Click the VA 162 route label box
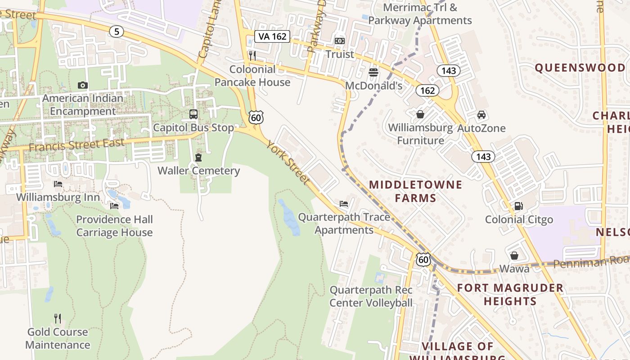[x=272, y=36]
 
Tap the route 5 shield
[x=116, y=31]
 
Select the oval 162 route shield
[x=427, y=90]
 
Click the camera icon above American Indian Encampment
[x=82, y=85]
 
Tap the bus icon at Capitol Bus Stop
[x=193, y=114]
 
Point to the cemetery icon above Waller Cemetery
[x=198, y=157]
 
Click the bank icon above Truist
[x=340, y=41]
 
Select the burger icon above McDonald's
[x=373, y=72]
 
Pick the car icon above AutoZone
[x=481, y=115]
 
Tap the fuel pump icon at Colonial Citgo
[x=518, y=206]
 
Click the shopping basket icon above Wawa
[x=514, y=256]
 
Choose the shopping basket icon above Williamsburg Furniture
[x=420, y=114]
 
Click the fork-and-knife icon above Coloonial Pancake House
[x=252, y=56]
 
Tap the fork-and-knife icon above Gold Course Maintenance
[x=58, y=319]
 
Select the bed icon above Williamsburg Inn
[x=58, y=184]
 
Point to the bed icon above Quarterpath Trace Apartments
[x=344, y=204]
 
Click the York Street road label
[x=288, y=162]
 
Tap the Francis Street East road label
[x=76, y=145]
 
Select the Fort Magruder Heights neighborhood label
[x=510, y=294]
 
